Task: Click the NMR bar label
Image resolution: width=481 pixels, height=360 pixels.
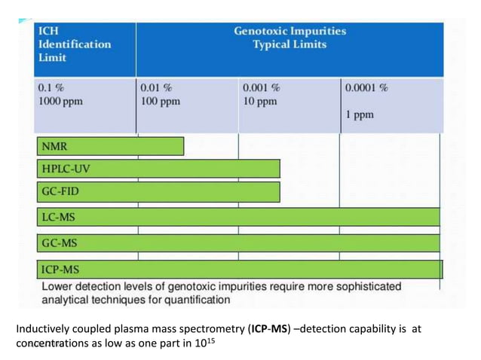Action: (54, 146)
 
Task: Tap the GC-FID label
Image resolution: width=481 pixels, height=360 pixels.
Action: (60, 191)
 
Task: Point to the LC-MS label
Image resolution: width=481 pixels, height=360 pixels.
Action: (59, 218)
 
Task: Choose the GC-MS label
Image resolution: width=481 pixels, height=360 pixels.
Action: (60, 243)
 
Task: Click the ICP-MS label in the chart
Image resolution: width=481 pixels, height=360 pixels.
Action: (60, 269)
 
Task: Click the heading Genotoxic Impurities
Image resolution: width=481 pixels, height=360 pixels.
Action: (290, 32)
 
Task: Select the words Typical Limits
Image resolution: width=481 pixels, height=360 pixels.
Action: (290, 45)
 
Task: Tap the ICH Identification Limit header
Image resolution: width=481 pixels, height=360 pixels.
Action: (73, 44)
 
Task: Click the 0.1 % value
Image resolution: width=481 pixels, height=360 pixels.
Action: (52, 88)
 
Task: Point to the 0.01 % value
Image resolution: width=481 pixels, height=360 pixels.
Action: (157, 88)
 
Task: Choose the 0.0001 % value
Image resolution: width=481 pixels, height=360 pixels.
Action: (367, 88)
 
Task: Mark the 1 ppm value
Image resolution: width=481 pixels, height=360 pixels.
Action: (360, 116)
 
